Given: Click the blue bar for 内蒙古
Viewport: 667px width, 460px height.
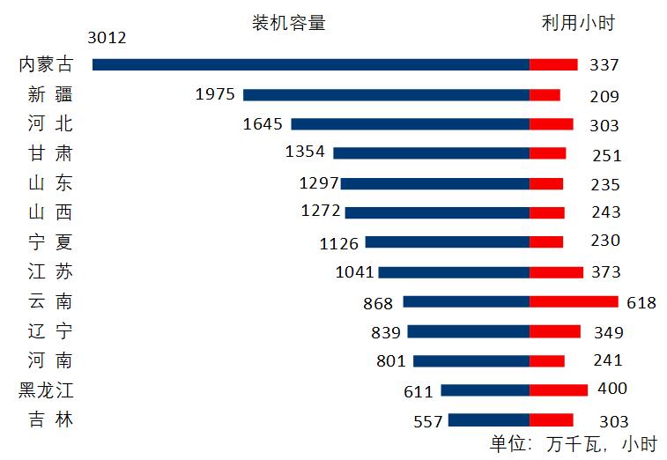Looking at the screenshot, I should pyautogui.click(x=310, y=64).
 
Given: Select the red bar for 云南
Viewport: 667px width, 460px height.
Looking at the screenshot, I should pyautogui.click(x=574, y=301).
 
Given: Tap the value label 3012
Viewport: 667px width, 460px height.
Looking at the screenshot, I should pyautogui.click(x=107, y=37).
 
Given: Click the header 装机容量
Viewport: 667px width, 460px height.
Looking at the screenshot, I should pyautogui.click(x=289, y=23).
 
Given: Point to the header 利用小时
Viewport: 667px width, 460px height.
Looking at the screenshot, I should pyautogui.click(x=578, y=23).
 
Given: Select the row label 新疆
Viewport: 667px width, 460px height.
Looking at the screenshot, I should pyautogui.click(x=50, y=94).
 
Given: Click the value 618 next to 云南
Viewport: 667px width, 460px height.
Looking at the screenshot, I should pyautogui.click(x=641, y=302).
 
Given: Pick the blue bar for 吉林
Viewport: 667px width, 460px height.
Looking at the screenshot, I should pyautogui.click(x=488, y=420).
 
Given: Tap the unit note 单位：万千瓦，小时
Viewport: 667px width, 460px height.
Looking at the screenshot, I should pyautogui.click(x=573, y=443).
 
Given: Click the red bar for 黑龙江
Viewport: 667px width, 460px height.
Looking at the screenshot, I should pyautogui.click(x=559, y=390).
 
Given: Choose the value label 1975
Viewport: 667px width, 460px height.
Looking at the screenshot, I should pyautogui.click(x=216, y=94).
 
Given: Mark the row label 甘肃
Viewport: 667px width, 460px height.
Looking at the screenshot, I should pyautogui.click(x=50, y=153).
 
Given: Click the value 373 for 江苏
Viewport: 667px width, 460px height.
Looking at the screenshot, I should pyautogui.click(x=605, y=272).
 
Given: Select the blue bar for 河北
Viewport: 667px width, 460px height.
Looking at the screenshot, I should pyautogui.click(x=410, y=124).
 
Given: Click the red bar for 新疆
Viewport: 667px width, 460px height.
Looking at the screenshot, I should pyautogui.click(x=545, y=94).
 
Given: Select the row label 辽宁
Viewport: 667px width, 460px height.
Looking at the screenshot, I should pyautogui.click(x=50, y=331).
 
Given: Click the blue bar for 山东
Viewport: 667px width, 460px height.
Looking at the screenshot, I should pyautogui.click(x=434, y=183).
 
